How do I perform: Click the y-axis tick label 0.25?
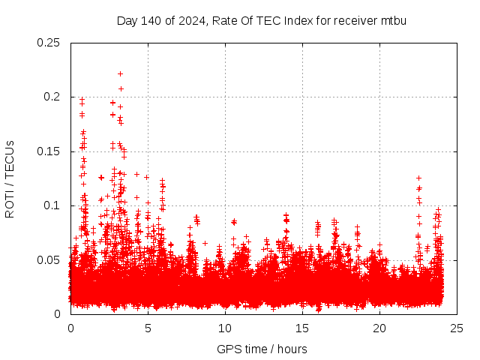click(x=49, y=43)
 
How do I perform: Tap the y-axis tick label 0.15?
click(x=49, y=151)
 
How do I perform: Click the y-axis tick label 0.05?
click(x=49, y=260)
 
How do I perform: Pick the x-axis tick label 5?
click(x=148, y=328)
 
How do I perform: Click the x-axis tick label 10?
click(x=225, y=328)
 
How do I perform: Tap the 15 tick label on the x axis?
click(x=302, y=328)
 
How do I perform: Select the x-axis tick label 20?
click(x=379, y=328)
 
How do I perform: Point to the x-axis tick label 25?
click(x=457, y=328)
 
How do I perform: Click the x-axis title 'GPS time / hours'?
click(x=262, y=349)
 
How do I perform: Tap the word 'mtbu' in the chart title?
click(x=393, y=20)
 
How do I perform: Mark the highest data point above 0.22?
click(x=120, y=73)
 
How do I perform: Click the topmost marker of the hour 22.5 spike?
click(x=418, y=178)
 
